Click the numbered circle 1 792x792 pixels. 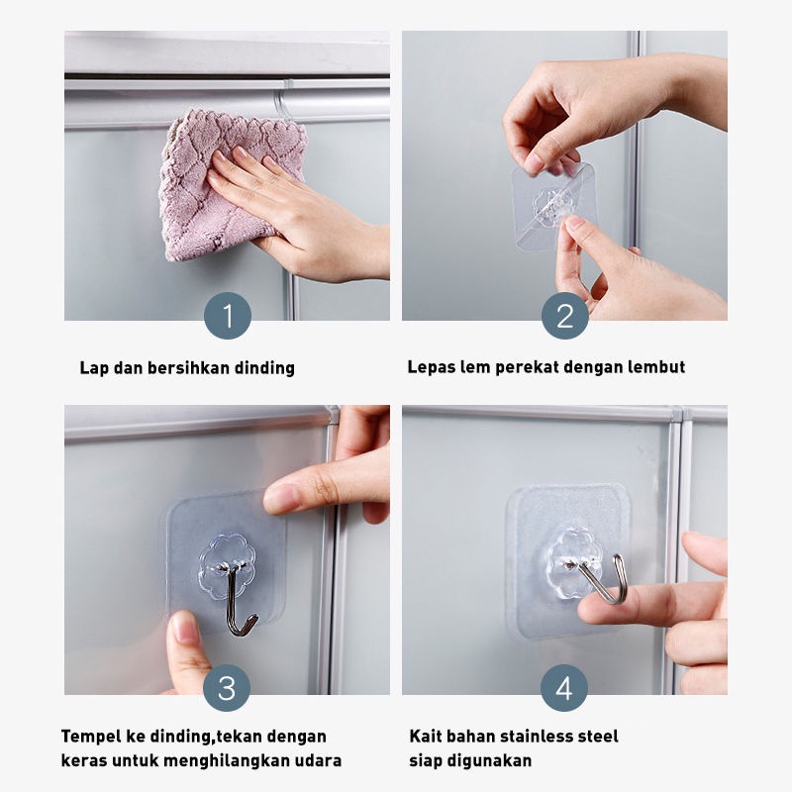point(228,315)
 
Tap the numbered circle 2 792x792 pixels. point(564,315)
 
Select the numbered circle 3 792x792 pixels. point(227,687)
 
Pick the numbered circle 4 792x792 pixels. point(564,687)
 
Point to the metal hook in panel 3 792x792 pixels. point(239,599)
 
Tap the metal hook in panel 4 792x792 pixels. point(602,577)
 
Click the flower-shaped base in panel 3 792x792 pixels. point(227,565)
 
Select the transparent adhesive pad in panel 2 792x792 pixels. point(553,206)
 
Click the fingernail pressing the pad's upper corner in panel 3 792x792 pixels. point(279,498)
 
